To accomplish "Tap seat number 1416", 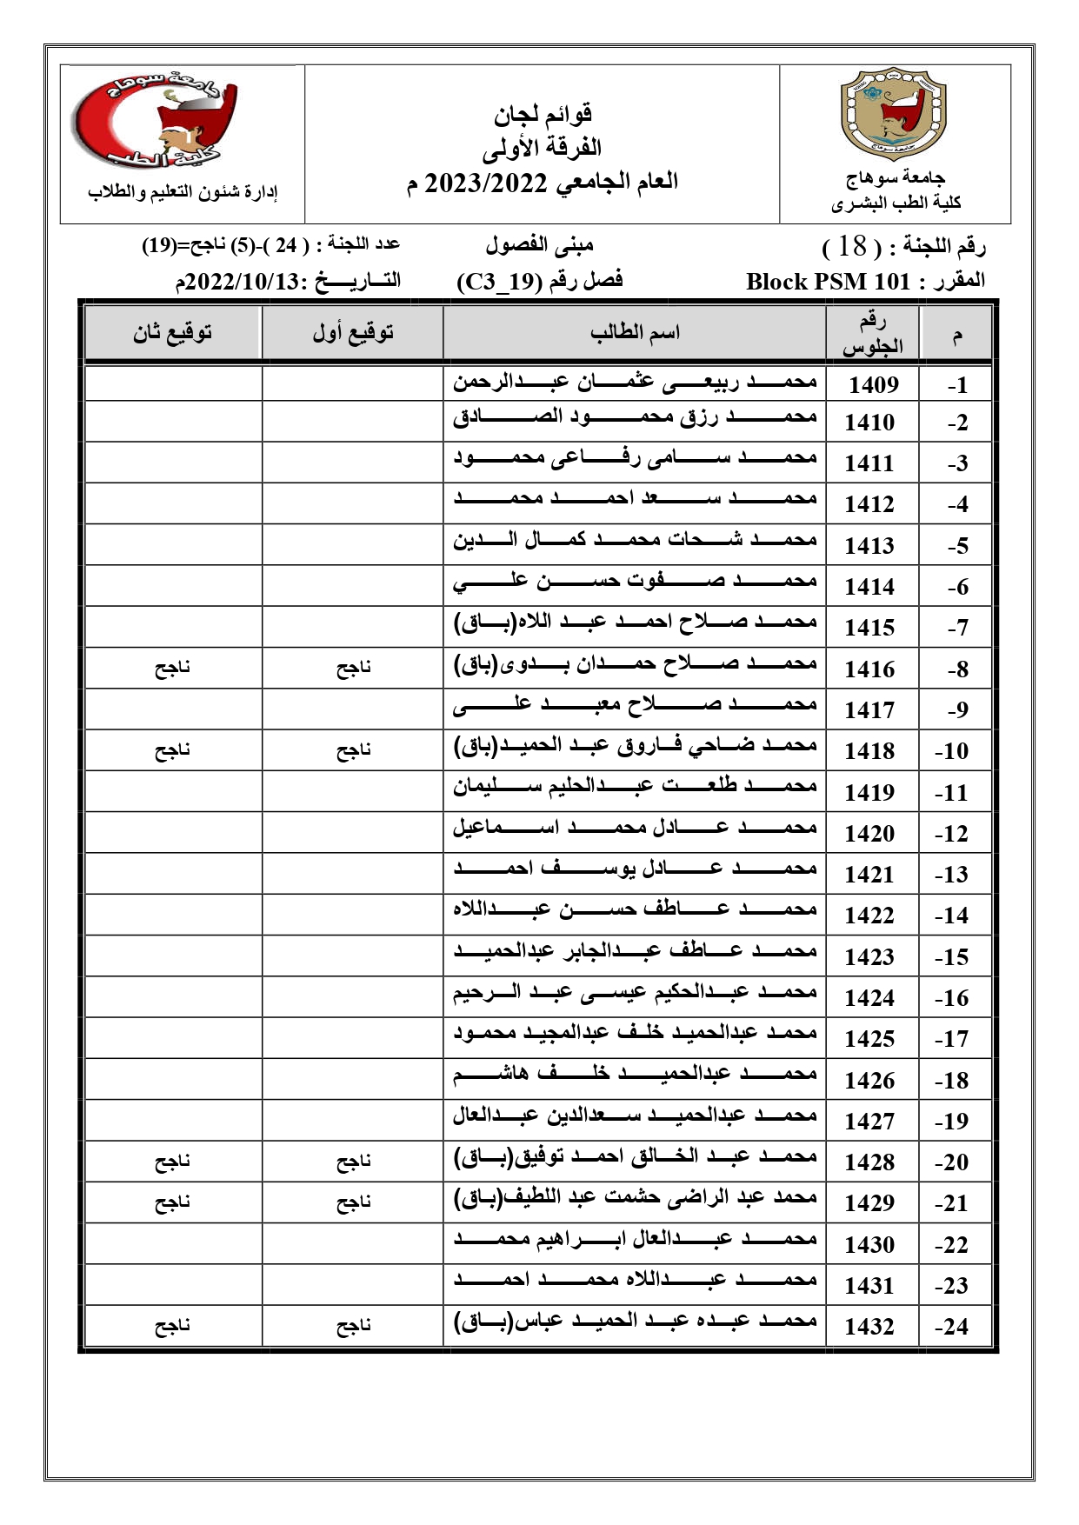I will (869, 669).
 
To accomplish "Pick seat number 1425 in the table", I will (869, 1039).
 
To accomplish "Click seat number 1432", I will (869, 1327).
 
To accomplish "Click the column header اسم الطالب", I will (635, 332).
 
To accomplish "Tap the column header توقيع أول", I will (353, 332).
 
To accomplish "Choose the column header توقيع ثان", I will (172, 332).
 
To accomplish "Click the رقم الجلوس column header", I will (872, 334).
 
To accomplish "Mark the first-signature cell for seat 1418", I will (353, 750).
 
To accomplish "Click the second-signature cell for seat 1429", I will (172, 1202).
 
